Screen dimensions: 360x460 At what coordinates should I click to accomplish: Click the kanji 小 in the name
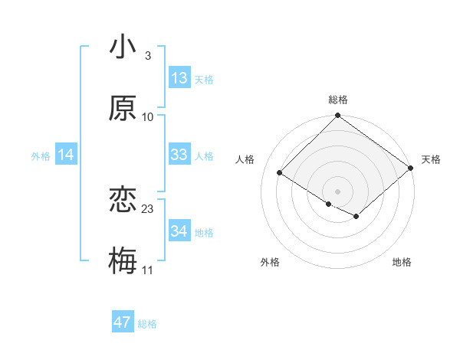point(123,47)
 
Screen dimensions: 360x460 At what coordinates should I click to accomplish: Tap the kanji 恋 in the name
point(123,200)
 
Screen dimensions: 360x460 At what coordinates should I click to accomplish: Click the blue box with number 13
point(179,78)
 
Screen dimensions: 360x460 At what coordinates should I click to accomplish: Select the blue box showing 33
point(179,155)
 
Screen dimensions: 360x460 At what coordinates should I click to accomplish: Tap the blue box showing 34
point(179,231)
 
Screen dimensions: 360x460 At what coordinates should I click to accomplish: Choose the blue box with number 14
point(66,155)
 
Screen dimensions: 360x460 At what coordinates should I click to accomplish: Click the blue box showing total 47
point(123,322)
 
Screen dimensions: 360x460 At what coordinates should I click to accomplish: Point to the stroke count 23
point(148,208)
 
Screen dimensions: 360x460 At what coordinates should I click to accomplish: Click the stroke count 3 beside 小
point(148,55)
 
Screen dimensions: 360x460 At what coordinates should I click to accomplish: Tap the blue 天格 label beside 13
point(203,79)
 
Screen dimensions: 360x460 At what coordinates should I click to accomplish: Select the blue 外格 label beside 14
point(41,156)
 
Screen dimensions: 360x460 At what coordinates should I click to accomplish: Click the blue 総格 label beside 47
point(147,324)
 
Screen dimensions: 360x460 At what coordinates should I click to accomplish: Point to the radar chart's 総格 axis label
point(338,100)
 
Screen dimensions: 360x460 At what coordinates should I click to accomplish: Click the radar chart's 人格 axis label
point(245,159)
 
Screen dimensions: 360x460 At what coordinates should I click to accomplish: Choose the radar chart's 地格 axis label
point(402,263)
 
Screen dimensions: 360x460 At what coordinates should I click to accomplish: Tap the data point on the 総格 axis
point(338,116)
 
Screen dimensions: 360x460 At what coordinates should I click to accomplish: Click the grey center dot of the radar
point(338,191)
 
